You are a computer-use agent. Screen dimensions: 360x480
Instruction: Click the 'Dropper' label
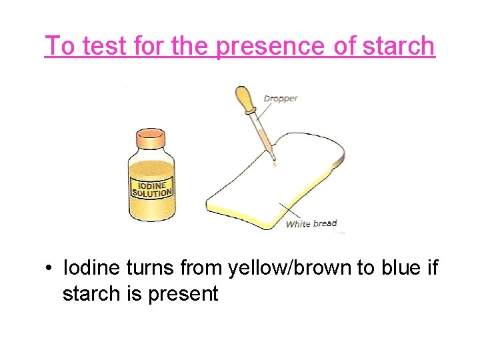click(x=281, y=99)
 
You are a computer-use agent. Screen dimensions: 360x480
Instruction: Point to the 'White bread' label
click(x=311, y=223)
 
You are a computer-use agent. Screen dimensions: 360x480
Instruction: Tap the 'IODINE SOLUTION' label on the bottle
click(x=153, y=188)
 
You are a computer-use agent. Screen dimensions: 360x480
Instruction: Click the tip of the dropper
click(x=273, y=157)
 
